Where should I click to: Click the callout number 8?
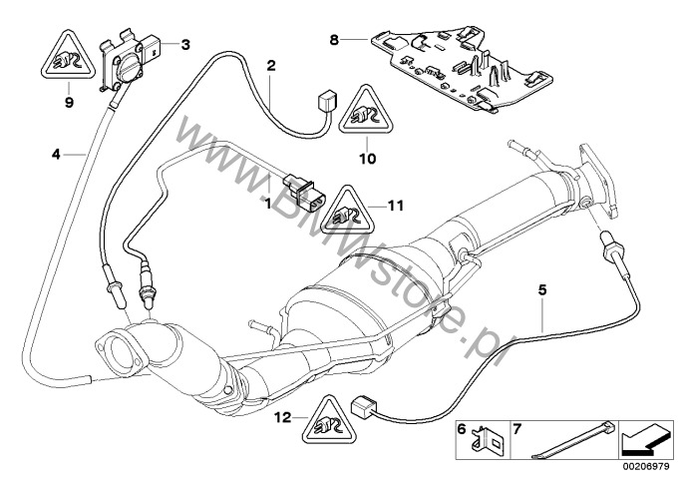pyautogui.click(x=334, y=41)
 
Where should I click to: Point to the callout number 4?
pyautogui.click(x=57, y=154)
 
